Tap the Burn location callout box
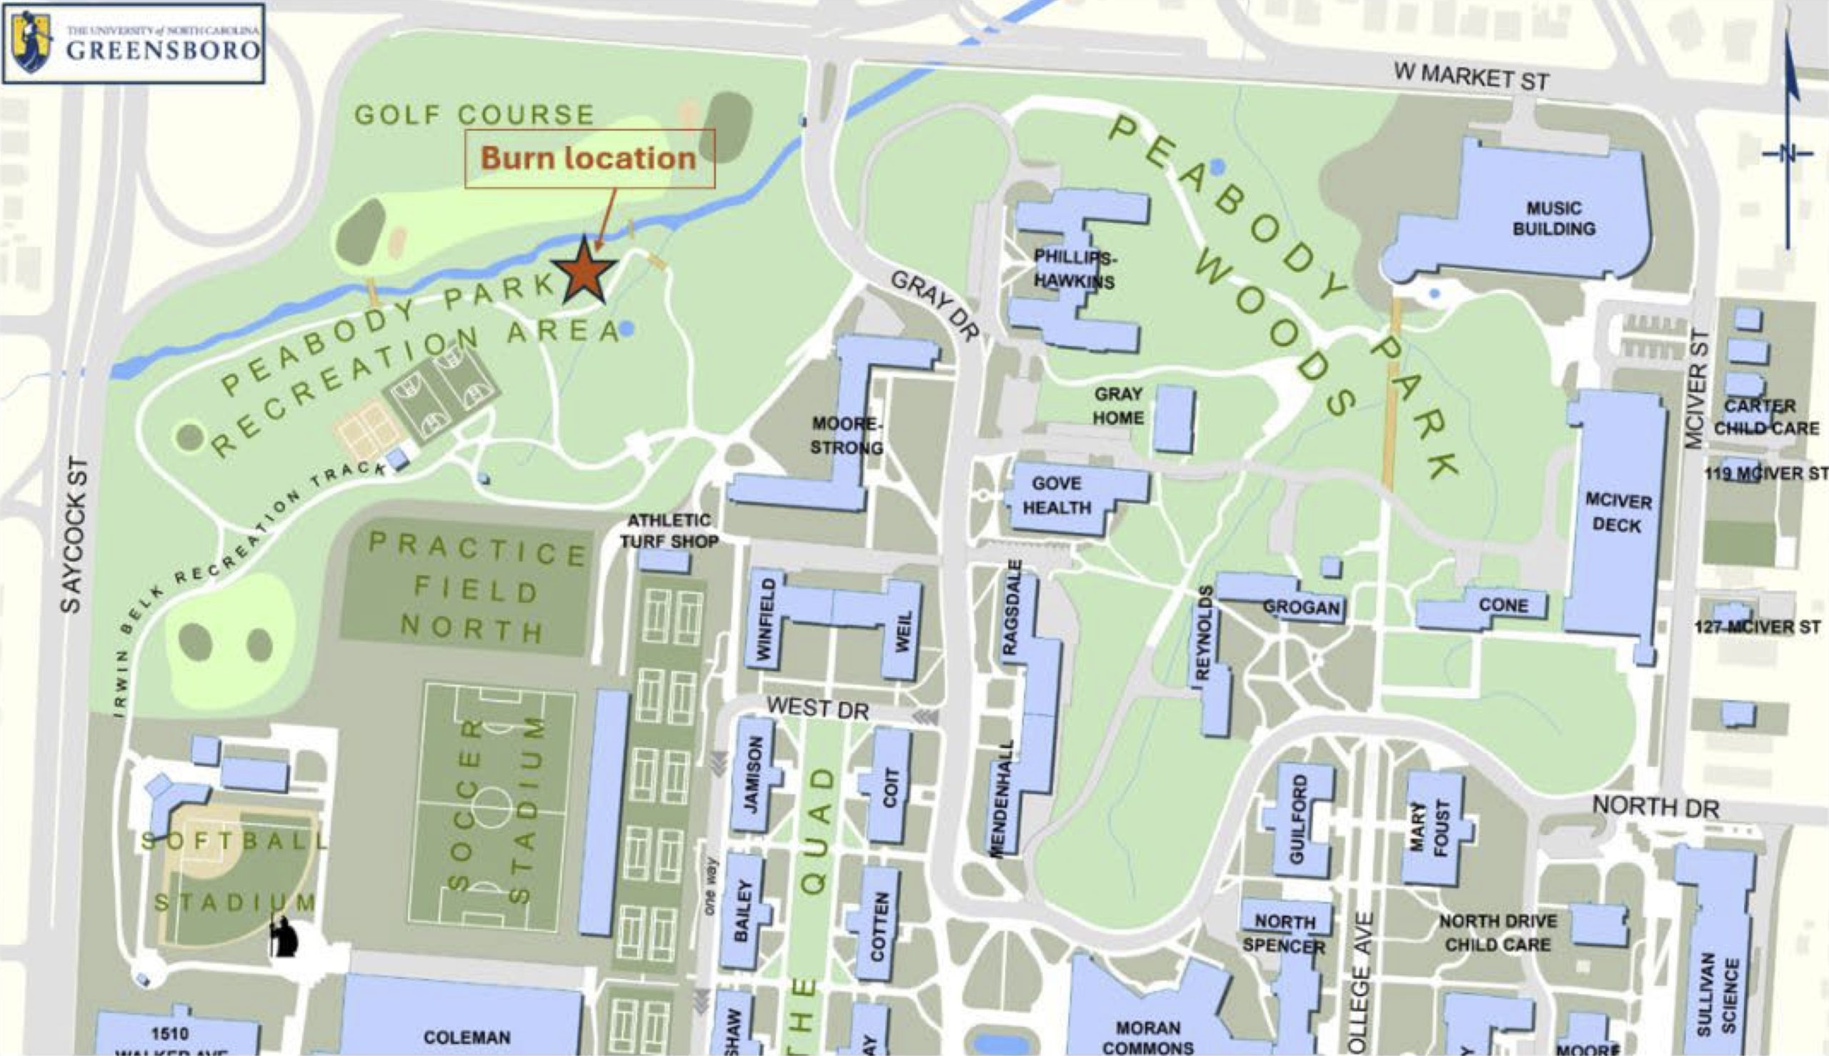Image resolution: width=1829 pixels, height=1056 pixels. [x=589, y=158]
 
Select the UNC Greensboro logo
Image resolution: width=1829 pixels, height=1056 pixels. [x=134, y=44]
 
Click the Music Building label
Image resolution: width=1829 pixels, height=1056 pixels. [x=1553, y=219]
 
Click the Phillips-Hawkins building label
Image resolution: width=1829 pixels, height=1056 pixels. [x=1075, y=269]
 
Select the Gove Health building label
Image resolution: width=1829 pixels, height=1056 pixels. [x=1057, y=495]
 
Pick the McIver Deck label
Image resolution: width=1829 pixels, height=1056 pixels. [x=1618, y=513]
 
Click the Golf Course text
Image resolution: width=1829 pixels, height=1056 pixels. [x=474, y=114]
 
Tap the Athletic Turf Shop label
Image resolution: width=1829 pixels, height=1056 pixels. [x=669, y=531]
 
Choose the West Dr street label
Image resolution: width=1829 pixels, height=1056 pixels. [x=817, y=708]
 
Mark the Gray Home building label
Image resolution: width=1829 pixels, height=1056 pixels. [x=1118, y=406]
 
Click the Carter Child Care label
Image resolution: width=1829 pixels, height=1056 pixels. [x=1766, y=417]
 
